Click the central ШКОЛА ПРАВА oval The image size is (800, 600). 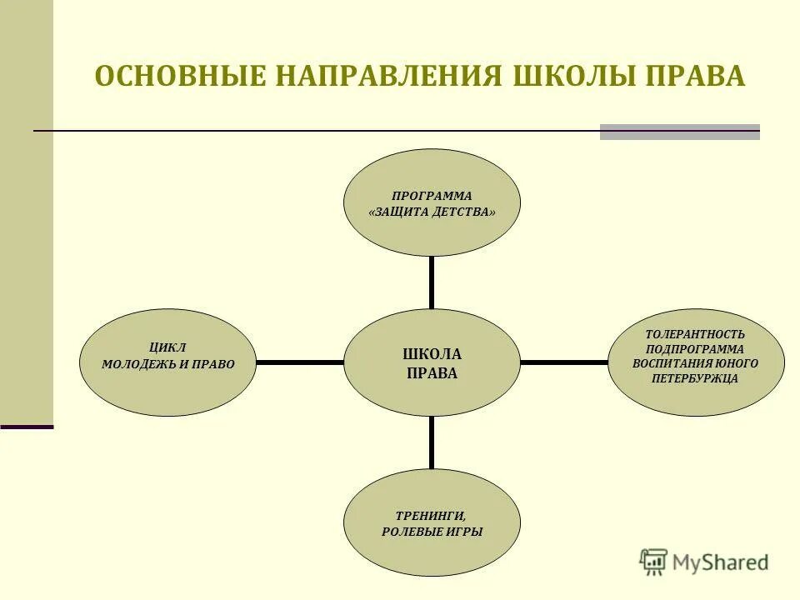(x=432, y=362)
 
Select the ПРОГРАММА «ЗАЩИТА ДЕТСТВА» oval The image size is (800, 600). (x=432, y=202)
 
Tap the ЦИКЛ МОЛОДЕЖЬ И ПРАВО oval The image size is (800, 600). (x=167, y=362)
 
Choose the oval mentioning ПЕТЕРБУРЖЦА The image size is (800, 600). (x=696, y=362)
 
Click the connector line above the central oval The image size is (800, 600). (x=432, y=282)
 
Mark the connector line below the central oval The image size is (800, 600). (x=432, y=442)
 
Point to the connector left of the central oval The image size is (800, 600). (x=300, y=362)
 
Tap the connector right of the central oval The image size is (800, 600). (x=564, y=362)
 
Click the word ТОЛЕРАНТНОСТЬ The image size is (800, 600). (x=695, y=333)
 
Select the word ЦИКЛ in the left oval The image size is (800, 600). (x=168, y=347)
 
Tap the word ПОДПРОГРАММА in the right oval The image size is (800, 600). (x=695, y=348)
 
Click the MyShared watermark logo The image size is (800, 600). (x=704, y=561)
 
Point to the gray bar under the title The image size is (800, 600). (x=680, y=132)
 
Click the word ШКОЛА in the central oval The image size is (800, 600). (x=432, y=354)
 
